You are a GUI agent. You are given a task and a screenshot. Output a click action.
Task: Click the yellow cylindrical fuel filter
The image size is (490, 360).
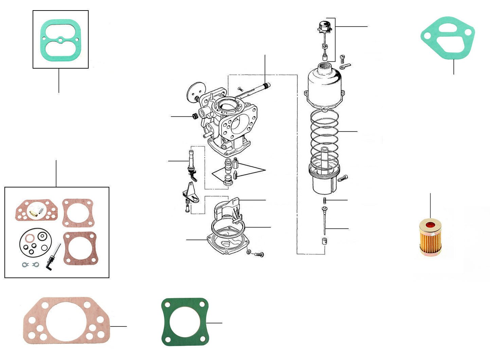[430, 237]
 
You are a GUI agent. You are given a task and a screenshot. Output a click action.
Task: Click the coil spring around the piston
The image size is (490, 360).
[324, 136]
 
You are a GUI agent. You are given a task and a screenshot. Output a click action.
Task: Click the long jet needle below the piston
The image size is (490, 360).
[325, 221]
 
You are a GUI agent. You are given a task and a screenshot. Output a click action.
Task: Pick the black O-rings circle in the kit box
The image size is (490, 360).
[34, 242]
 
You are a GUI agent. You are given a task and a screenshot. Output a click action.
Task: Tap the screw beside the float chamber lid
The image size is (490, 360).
[259, 254]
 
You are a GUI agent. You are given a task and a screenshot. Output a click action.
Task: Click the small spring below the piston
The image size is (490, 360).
[325, 200]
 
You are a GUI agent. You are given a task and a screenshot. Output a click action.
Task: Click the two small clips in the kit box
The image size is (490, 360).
[30, 265]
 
